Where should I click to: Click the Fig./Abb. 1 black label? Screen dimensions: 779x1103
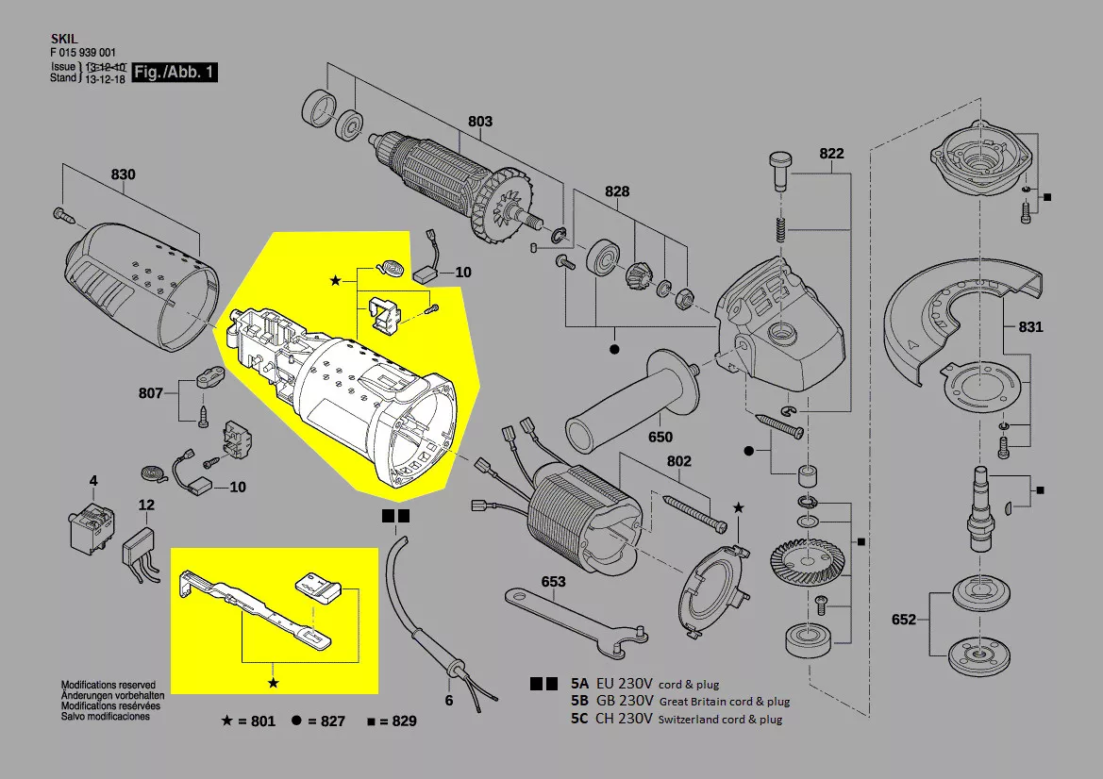click(x=175, y=73)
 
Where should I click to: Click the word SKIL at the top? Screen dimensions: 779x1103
click(x=62, y=41)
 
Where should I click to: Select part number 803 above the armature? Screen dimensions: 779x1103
click(x=479, y=122)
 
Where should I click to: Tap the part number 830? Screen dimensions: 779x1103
click(x=123, y=174)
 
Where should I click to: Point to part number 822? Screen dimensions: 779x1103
click(x=831, y=154)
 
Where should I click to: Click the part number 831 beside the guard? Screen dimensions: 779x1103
click(x=1030, y=327)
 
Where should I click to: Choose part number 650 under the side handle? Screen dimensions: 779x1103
click(x=660, y=437)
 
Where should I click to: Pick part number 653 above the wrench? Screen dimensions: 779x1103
click(x=553, y=582)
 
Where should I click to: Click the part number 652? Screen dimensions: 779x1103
click(x=904, y=620)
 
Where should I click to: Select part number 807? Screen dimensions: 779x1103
click(x=150, y=393)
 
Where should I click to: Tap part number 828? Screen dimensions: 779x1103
click(x=616, y=191)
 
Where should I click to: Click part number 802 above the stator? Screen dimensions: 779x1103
click(x=678, y=461)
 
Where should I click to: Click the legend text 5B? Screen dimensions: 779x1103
click(x=579, y=701)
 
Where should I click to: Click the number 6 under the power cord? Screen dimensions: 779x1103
click(x=449, y=700)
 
